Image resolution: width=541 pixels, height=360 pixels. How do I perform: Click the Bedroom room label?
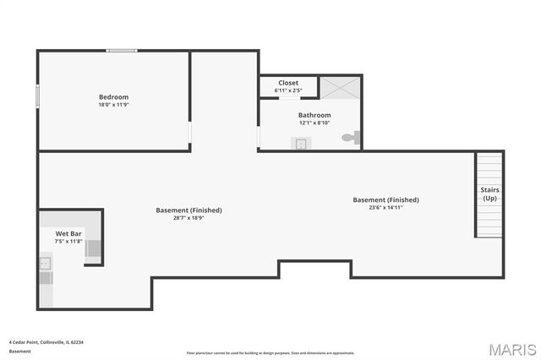point(113,97)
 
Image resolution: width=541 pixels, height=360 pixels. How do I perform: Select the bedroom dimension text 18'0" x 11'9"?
point(113,105)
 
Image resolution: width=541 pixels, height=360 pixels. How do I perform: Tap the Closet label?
point(288,83)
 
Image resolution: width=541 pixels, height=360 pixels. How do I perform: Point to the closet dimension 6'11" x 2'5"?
point(288,90)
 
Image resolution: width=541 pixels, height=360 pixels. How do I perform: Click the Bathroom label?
point(314,115)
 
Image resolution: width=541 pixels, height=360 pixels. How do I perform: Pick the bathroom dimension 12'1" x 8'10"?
point(314,123)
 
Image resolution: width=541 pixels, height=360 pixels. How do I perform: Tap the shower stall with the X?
point(341,87)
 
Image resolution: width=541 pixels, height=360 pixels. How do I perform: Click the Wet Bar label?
point(68,233)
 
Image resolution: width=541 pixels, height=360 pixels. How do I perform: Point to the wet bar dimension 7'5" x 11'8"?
point(68,241)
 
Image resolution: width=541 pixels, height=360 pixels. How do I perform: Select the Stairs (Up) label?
point(489,194)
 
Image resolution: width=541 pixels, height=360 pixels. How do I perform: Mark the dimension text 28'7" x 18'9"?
point(189,217)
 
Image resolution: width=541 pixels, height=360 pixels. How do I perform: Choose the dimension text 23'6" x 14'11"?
point(385,207)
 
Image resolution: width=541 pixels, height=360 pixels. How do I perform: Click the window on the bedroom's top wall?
point(122,51)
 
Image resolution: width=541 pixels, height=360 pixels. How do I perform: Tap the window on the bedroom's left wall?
point(37,95)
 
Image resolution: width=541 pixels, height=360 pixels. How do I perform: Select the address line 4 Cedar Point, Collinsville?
point(46,341)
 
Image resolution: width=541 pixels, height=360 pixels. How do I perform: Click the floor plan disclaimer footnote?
point(270,352)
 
